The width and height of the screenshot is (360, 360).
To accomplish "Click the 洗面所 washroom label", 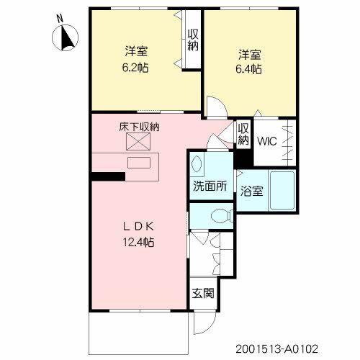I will pos(209,185).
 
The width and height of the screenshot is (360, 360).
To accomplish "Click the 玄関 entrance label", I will pos(202,293).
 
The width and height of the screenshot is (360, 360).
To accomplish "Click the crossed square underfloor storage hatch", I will pos(137,143).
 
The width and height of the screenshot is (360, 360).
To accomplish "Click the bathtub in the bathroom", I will pos(282,190).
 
